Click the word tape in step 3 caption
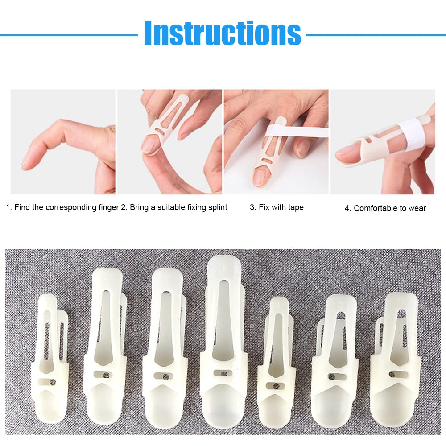click(295, 207)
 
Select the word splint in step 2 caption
click(217, 207)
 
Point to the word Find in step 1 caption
click(22, 207)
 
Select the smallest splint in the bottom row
click(277, 361)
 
